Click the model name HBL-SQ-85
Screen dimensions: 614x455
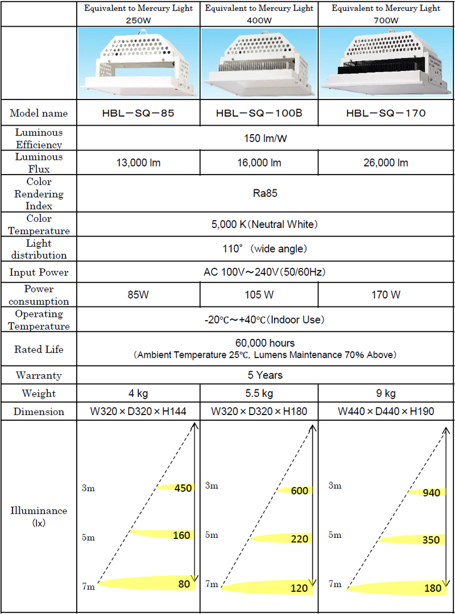pyautogui.click(x=138, y=113)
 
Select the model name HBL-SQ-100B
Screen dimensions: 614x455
pyautogui.click(x=259, y=113)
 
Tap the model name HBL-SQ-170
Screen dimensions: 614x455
pyautogui.click(x=386, y=113)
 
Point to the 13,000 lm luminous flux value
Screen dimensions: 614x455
pyautogui.click(x=138, y=163)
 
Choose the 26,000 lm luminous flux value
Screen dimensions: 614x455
pyautogui.click(x=386, y=163)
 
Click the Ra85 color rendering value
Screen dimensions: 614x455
pyautogui.click(x=264, y=193)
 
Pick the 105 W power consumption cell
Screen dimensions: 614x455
pyautogui.click(x=259, y=295)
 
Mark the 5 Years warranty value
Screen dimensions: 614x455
pyautogui.click(x=264, y=375)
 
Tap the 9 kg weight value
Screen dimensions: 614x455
pyautogui.click(x=386, y=393)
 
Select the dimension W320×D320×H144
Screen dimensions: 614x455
pyautogui.click(x=138, y=411)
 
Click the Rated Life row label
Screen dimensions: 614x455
pyautogui.click(x=39, y=349)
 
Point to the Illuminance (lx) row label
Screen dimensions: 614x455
pyautogui.click(x=39, y=516)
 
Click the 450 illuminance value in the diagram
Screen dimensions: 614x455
pyautogui.click(x=183, y=488)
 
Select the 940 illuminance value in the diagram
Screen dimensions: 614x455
pyautogui.click(x=432, y=492)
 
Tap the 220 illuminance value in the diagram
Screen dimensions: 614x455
pyautogui.click(x=299, y=539)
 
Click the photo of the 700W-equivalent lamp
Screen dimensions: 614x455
pyautogui.click(x=386, y=62)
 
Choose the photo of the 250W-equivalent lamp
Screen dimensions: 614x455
pyautogui.click(x=138, y=62)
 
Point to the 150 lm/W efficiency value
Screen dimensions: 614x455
pyautogui.click(x=264, y=138)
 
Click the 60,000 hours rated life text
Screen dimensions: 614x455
pyautogui.click(x=264, y=343)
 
